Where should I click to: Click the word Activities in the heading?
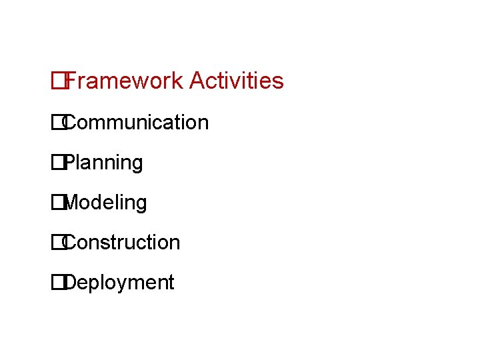(237, 81)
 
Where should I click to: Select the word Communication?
(136, 123)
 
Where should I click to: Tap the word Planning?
(104, 163)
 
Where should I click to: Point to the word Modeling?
(106, 203)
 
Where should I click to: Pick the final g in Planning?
(137, 165)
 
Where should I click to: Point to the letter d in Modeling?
(100, 203)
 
